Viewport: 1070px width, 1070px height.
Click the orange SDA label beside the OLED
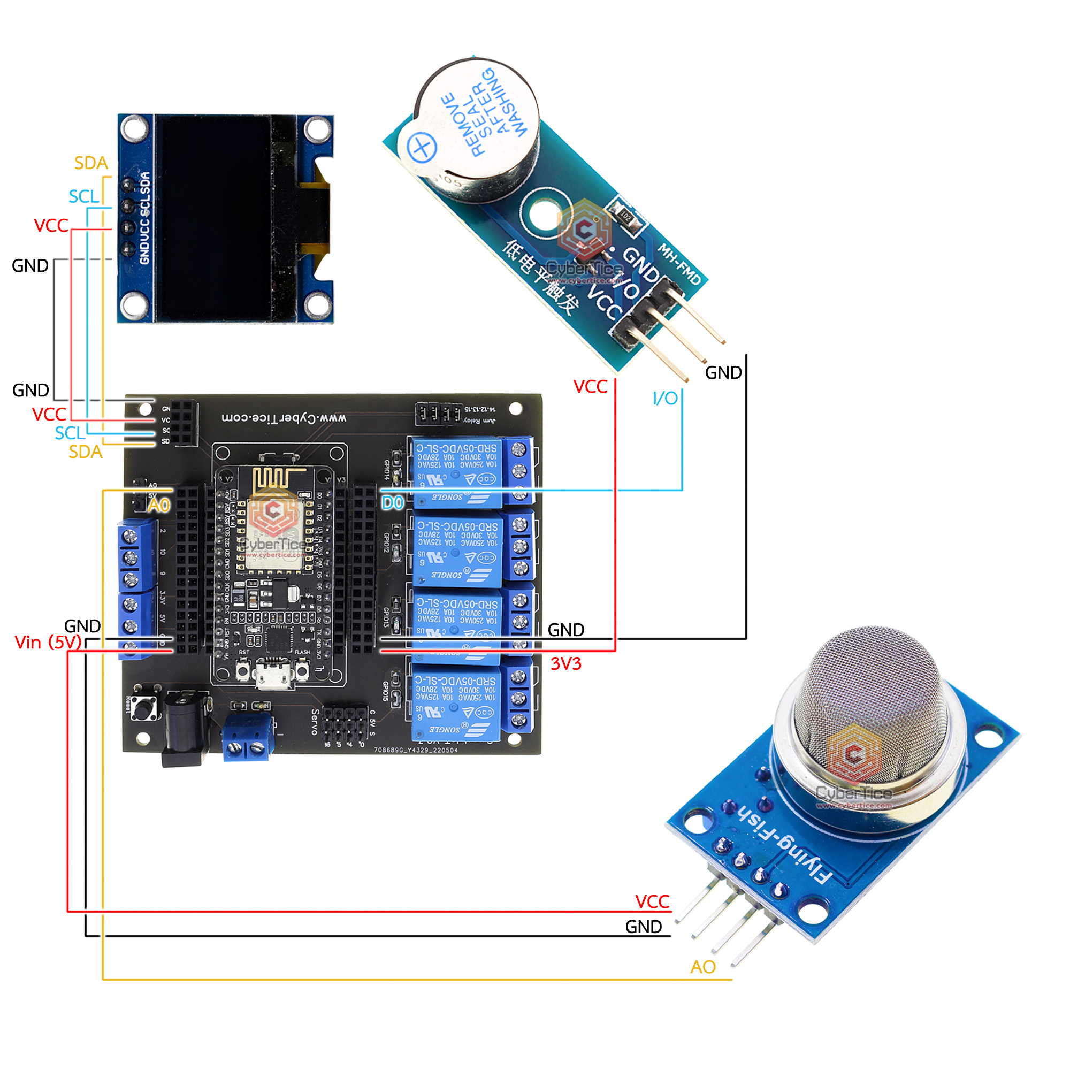click(91, 163)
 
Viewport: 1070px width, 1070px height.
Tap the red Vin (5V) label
click(48, 643)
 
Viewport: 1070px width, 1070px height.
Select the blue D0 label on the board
click(393, 503)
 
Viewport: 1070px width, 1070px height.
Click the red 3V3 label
click(565, 663)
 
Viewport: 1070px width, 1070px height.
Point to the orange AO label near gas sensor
click(703, 967)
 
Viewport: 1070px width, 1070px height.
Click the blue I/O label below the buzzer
click(664, 398)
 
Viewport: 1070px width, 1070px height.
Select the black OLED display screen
click(213, 218)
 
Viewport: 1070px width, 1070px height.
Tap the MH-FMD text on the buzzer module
click(679, 264)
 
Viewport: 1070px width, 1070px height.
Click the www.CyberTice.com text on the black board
click(284, 417)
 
